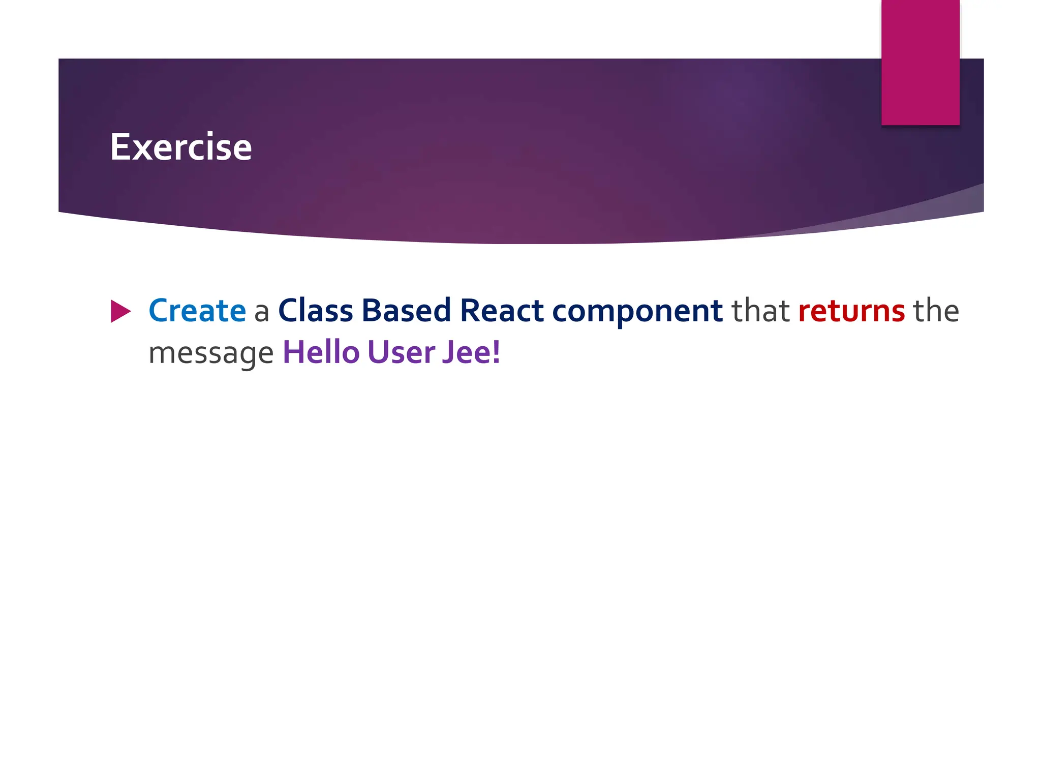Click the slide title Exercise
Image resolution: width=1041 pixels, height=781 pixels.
181,147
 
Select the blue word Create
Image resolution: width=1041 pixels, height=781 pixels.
197,311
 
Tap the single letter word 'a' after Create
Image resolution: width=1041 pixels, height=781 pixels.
261,312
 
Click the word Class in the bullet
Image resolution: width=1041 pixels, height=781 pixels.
315,311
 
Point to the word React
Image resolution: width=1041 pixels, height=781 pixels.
502,311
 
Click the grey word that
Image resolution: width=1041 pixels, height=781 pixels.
760,311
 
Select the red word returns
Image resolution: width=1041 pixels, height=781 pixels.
851,312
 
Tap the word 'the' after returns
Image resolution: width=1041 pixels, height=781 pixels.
936,311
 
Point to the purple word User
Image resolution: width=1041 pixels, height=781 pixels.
401,352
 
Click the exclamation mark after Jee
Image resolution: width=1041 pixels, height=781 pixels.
496,352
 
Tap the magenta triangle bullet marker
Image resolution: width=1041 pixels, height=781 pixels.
119,311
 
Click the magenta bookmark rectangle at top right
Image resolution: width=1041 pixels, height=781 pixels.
920,62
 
